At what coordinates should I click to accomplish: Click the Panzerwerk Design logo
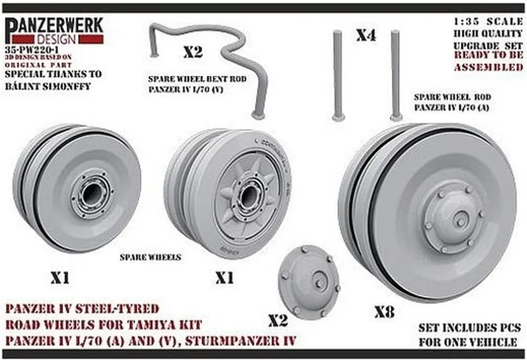coord(55,30)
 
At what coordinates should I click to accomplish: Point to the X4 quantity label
coord(366,35)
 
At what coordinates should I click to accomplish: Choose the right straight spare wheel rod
coord(395,75)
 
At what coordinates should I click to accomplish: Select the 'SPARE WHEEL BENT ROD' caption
coord(197,80)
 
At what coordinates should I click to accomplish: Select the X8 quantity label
coord(384,311)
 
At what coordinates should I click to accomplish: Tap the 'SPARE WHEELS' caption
coord(150,257)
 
